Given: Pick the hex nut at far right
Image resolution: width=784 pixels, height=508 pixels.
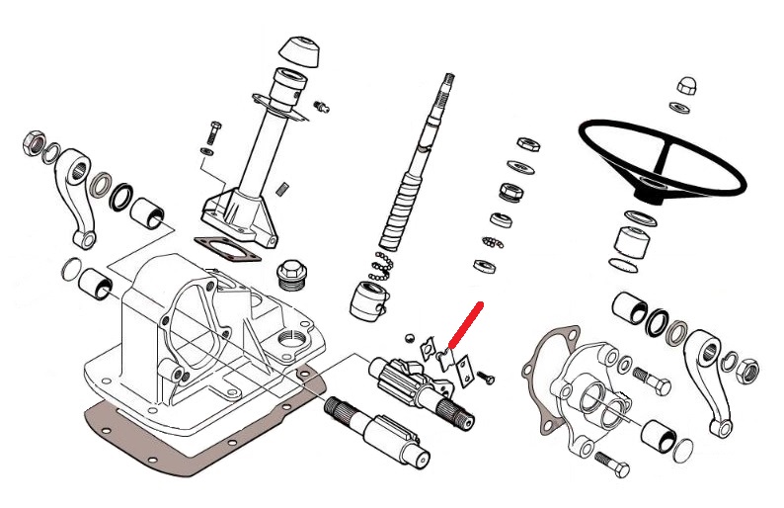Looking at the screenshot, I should pyautogui.click(x=749, y=372).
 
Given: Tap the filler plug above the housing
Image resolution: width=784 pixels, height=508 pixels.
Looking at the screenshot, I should pyautogui.click(x=291, y=272).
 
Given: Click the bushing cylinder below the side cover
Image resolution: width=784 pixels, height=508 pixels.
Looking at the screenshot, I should pyautogui.click(x=657, y=433).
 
